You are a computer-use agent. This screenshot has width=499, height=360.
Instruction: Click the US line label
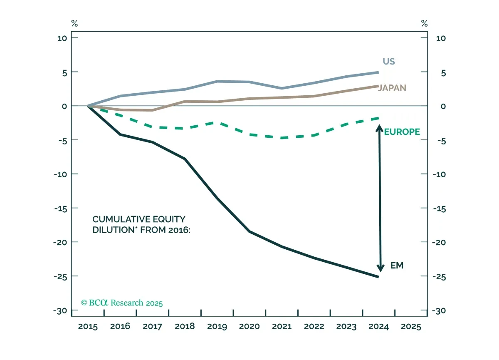389,61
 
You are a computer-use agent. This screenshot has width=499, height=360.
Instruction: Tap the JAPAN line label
392,88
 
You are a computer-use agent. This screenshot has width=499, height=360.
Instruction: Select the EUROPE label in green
402,132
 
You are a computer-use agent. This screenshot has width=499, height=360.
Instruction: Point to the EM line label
397,265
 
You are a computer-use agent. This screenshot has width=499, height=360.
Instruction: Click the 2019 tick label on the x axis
217,327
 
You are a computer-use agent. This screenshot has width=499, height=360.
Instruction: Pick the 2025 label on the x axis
411,327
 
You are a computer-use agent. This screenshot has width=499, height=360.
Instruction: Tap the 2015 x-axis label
88,327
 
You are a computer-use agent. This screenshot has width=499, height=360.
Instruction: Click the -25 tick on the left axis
60,277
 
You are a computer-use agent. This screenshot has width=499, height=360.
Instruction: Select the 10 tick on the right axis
441,38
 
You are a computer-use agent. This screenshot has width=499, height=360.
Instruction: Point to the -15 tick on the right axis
439,209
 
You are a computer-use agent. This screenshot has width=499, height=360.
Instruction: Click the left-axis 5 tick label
64,73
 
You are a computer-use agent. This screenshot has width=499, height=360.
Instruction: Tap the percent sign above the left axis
74,23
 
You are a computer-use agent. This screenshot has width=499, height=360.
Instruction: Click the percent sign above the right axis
425,23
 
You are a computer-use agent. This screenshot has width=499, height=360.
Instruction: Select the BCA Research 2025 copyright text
121,303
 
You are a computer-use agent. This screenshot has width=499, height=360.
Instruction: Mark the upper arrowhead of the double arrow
379,128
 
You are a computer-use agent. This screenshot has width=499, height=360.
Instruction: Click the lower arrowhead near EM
380,268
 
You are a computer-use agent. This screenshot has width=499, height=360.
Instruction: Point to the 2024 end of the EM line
378,277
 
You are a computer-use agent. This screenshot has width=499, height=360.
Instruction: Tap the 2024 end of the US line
378,72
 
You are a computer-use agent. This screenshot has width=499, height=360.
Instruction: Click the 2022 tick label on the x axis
314,327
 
